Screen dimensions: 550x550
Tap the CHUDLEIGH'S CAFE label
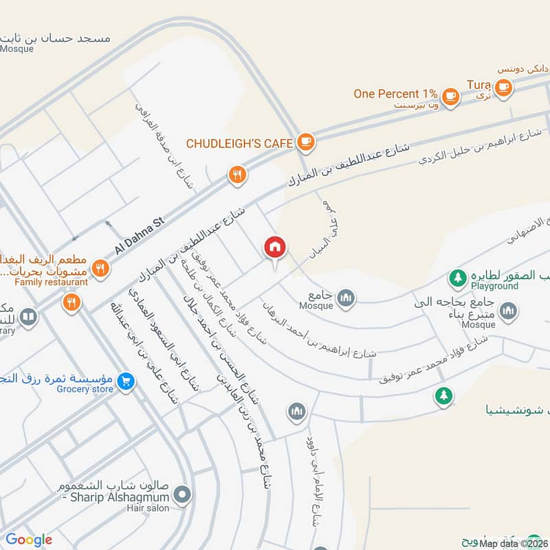coord(240,144)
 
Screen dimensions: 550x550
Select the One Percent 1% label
coord(396,94)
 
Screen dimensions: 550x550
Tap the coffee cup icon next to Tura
coord(504,87)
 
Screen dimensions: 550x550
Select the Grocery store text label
coord(85,390)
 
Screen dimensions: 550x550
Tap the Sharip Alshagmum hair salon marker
coord(182,494)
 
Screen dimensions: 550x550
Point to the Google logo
coord(29,540)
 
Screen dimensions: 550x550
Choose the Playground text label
coord(494,285)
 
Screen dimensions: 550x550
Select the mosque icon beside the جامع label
coord(346,297)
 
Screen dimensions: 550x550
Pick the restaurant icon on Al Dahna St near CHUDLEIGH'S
coord(237,175)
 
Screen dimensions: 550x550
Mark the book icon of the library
coord(28,317)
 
